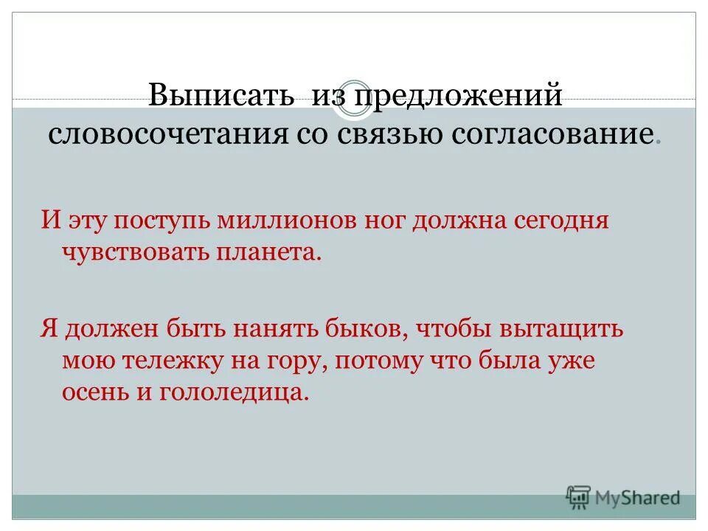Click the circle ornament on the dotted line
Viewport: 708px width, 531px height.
tap(353, 100)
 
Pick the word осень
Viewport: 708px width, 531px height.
tap(96, 392)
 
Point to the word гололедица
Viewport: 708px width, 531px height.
tap(232, 392)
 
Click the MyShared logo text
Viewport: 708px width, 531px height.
tap(638, 498)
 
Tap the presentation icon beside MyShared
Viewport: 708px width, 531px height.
tap(579, 498)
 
